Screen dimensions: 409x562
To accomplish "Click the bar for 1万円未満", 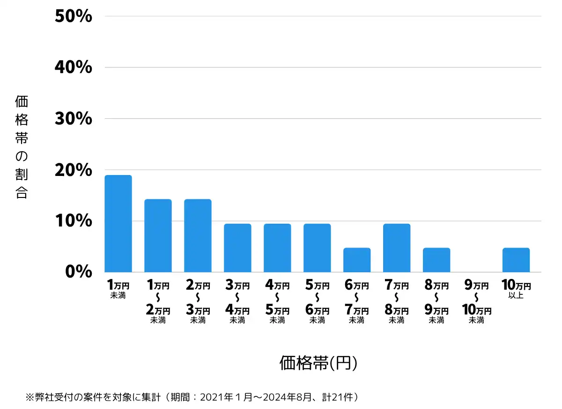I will click(118, 224).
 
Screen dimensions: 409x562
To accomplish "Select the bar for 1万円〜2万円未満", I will click(158, 236).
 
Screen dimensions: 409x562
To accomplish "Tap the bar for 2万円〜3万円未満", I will click(198, 236).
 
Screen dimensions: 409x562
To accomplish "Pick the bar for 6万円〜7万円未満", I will click(357, 260).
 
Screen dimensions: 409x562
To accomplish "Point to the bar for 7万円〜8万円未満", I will click(397, 248).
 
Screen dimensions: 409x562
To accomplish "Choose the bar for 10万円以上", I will click(516, 260).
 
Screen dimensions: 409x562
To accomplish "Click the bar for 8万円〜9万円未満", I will click(436, 260).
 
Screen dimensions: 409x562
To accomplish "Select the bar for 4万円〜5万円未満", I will click(277, 248).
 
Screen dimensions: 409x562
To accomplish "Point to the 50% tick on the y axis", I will click(74, 16).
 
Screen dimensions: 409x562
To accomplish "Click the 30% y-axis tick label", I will click(74, 119).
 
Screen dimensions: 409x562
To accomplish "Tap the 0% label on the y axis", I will click(78, 272).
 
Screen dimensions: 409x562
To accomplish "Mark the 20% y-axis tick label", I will click(74, 170).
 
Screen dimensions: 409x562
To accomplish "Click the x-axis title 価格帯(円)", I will click(318, 363).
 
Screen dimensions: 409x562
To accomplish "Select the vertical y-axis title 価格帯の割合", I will click(22, 147).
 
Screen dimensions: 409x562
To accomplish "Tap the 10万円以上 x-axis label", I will click(516, 289).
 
